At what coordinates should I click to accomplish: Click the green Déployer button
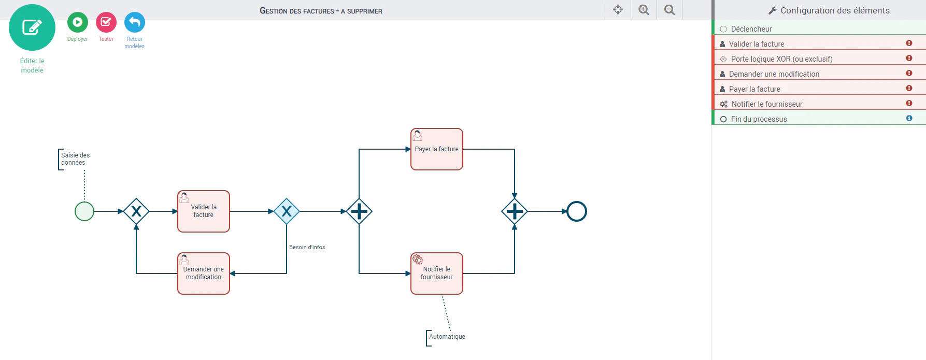pyautogui.click(x=77, y=22)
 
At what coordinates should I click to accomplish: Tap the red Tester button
pyautogui.click(x=106, y=22)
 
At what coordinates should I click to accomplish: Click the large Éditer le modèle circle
pyautogui.click(x=32, y=27)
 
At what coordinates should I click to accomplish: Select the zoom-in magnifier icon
pyautogui.click(x=644, y=10)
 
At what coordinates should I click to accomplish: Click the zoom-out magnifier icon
pyautogui.click(x=669, y=10)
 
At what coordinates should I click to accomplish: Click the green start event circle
pyautogui.click(x=84, y=211)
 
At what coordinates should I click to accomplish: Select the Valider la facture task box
pyautogui.click(x=204, y=211)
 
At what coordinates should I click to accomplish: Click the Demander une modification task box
pyautogui.click(x=204, y=273)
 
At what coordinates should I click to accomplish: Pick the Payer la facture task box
pyautogui.click(x=437, y=149)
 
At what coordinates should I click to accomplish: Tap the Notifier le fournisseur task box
pyautogui.click(x=437, y=273)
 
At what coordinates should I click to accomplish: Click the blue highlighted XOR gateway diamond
pyautogui.click(x=287, y=211)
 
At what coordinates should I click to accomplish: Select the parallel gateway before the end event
pyautogui.click(x=515, y=211)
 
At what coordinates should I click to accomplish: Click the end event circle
pyautogui.click(x=577, y=211)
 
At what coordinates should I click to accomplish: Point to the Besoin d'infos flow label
pyautogui.click(x=307, y=247)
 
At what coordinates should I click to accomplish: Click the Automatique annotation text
pyautogui.click(x=447, y=337)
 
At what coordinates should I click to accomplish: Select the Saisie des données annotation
pyautogui.click(x=76, y=159)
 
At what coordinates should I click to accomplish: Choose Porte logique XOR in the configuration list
pyautogui.click(x=782, y=59)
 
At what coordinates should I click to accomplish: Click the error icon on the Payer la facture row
pyautogui.click(x=909, y=88)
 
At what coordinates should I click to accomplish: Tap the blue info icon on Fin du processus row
pyautogui.click(x=909, y=118)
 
